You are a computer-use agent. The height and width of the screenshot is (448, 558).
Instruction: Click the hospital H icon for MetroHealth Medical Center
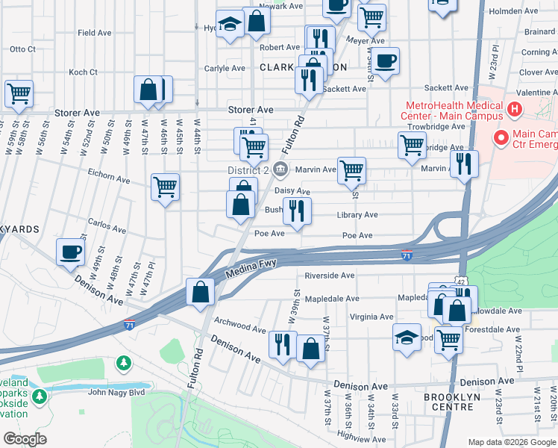coord(513,111)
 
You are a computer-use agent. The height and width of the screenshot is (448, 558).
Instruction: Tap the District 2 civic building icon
coord(280,169)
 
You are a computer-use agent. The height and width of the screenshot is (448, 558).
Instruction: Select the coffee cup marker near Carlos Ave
coord(70,252)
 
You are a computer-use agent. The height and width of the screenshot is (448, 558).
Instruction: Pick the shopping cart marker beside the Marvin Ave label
coord(351,169)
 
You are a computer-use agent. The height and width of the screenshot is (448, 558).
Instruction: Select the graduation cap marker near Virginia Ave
coord(407,336)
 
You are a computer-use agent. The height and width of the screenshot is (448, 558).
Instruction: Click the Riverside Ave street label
coord(330,276)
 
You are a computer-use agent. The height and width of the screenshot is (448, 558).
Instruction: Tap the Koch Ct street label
coord(83,72)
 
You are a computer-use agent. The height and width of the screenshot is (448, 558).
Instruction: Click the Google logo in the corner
coord(25,439)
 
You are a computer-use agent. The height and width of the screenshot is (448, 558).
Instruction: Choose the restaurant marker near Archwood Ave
coord(282,344)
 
